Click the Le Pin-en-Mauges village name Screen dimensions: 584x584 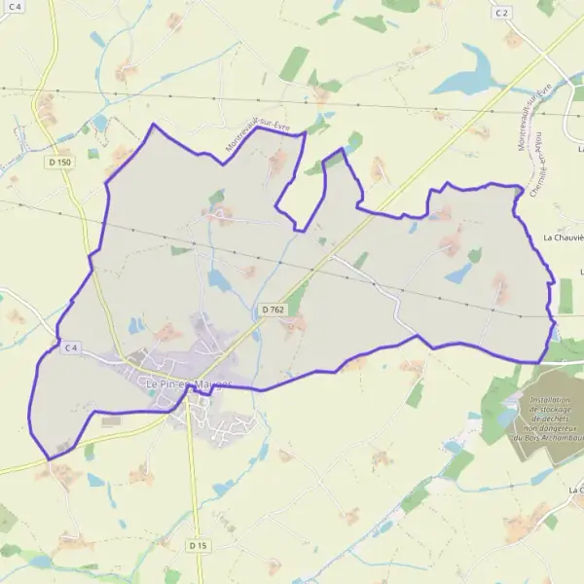[188, 384]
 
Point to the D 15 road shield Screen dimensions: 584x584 [199, 545]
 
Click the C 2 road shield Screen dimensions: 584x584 [501, 13]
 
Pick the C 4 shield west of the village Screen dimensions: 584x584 [71, 347]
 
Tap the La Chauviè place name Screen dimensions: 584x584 [563, 237]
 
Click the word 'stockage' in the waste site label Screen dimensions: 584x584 [551, 411]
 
